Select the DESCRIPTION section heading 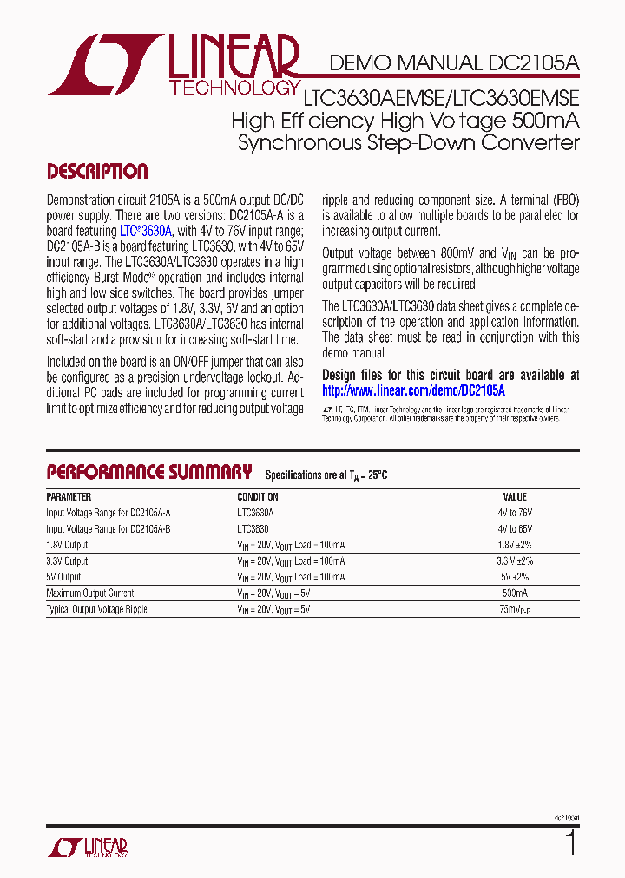click(96, 172)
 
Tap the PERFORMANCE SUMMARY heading click(148, 472)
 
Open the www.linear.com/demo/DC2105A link click(413, 391)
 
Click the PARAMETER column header click(69, 497)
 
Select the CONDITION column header click(258, 497)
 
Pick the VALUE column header click(515, 497)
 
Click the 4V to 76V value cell click(515, 513)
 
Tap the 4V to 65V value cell click(515, 528)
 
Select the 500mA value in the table click(515, 593)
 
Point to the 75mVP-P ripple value click(515, 609)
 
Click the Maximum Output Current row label click(96, 593)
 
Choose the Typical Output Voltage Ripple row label click(96, 609)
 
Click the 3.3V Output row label click(67, 561)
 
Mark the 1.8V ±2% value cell click(515, 545)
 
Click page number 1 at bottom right click(570, 842)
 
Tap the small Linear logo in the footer click(88, 847)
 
